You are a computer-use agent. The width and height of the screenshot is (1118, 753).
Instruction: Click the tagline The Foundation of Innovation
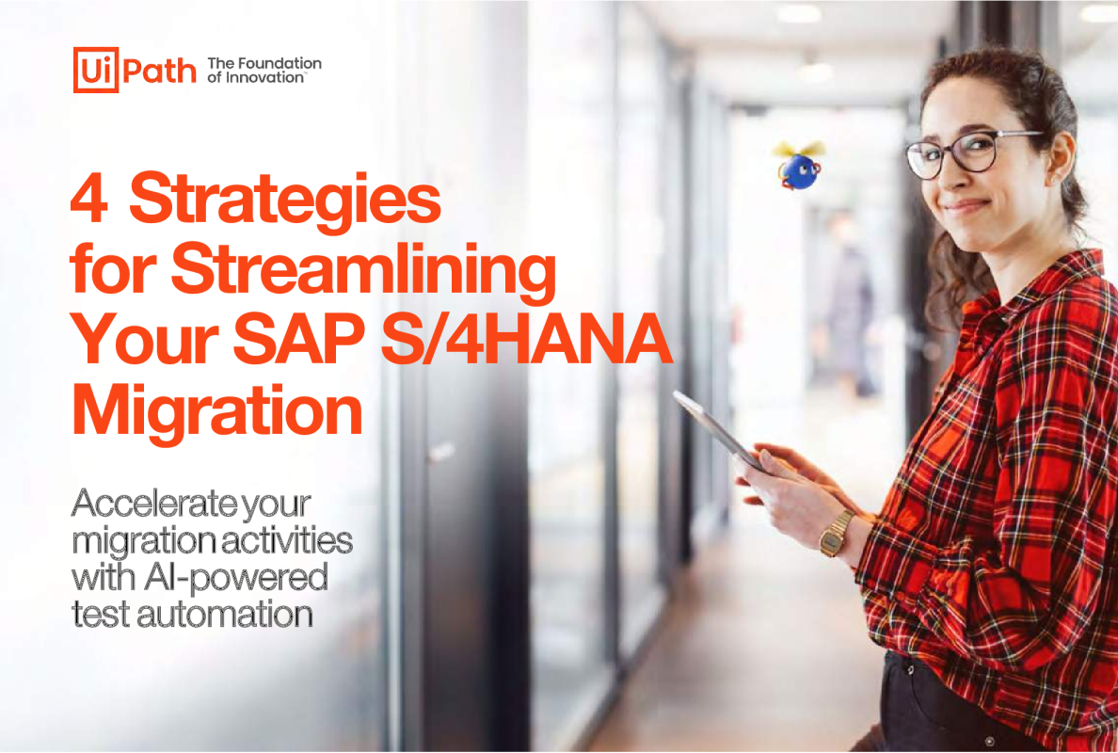click(x=264, y=70)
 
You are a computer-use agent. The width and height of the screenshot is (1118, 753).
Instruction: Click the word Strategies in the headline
click(x=284, y=202)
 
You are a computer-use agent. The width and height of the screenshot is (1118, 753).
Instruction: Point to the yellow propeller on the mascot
click(x=799, y=149)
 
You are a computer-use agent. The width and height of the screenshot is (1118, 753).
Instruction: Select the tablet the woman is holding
click(x=717, y=431)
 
